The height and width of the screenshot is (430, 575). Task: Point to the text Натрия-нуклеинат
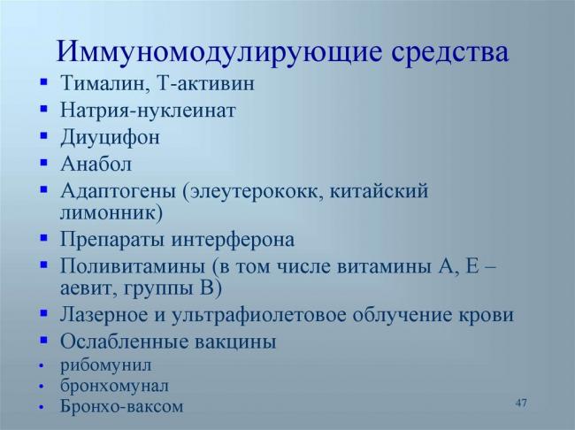pyautogui.click(x=148, y=111)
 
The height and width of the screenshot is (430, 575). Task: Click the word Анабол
pyautogui.click(x=96, y=164)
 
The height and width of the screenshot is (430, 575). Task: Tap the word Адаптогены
pyautogui.click(x=118, y=190)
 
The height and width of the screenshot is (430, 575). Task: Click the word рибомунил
pyautogui.click(x=106, y=365)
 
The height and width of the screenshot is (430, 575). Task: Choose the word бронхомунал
pyautogui.click(x=114, y=386)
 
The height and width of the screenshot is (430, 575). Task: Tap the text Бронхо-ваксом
pyautogui.click(x=122, y=407)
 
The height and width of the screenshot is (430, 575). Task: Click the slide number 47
pyautogui.click(x=521, y=403)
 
